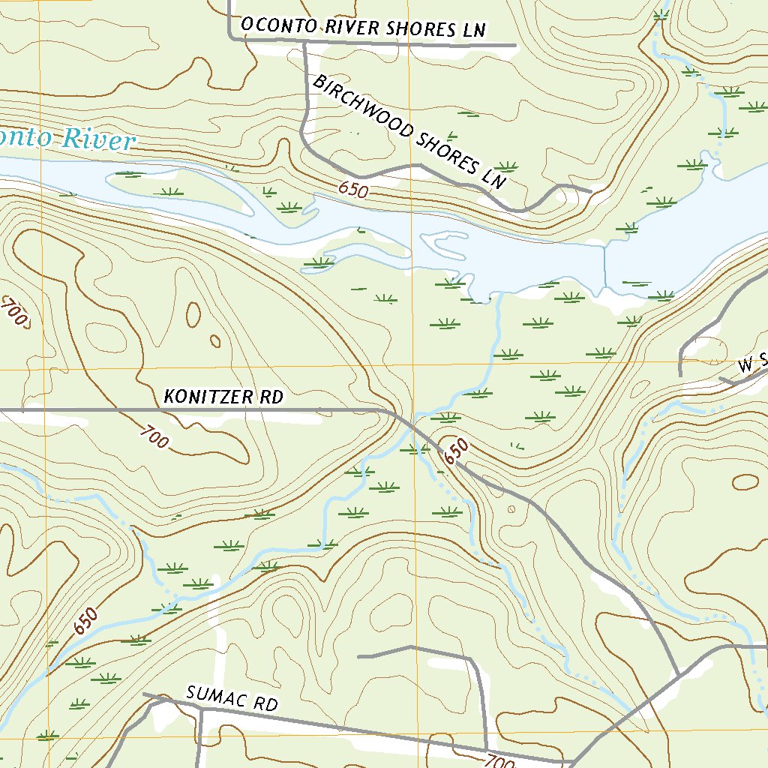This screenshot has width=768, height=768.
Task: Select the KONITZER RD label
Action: tap(223, 397)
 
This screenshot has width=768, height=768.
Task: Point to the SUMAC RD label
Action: tap(232, 700)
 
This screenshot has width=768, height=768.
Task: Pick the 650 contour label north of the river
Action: tap(352, 190)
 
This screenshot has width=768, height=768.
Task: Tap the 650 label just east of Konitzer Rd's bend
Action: tap(455, 451)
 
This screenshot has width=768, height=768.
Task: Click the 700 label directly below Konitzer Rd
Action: tap(154, 438)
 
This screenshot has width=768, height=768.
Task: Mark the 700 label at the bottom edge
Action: tap(499, 760)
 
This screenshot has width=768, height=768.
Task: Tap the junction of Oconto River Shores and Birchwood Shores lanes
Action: tap(305, 45)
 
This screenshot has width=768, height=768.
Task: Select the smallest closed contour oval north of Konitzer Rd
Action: tap(215, 341)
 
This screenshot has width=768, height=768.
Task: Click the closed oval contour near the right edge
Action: tap(745, 481)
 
